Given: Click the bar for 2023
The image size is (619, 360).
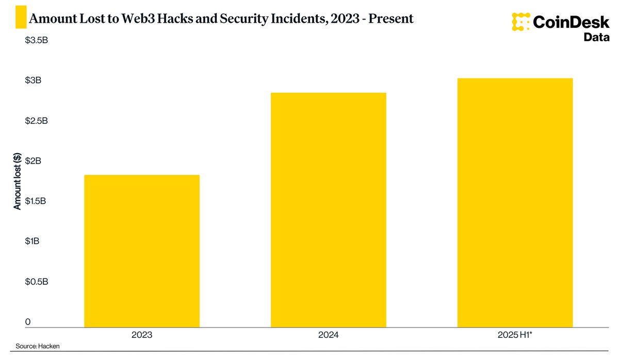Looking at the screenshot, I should (x=142, y=251).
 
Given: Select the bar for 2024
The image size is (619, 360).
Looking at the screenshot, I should (x=329, y=210).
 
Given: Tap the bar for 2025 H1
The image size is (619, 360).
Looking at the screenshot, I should (x=515, y=203).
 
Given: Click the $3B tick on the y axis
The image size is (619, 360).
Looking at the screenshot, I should (x=32, y=80).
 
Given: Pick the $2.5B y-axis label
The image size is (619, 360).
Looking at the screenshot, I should (x=36, y=121).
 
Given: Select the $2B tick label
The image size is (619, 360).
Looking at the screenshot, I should (x=32, y=161).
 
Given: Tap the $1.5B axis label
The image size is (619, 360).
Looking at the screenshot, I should (x=36, y=201).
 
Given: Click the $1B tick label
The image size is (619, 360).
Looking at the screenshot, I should (x=32, y=241).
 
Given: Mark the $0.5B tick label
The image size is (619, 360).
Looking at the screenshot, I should (x=36, y=282).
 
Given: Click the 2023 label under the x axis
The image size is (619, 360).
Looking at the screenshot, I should (x=142, y=335).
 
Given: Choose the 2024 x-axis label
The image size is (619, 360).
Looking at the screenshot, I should (x=329, y=335).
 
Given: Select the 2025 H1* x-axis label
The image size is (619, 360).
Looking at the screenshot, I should (x=515, y=335).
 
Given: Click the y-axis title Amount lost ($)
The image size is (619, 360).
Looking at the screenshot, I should (x=17, y=181).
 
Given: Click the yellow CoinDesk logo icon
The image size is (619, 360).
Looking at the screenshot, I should (x=521, y=22).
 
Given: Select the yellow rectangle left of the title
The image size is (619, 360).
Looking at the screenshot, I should (x=20, y=18).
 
